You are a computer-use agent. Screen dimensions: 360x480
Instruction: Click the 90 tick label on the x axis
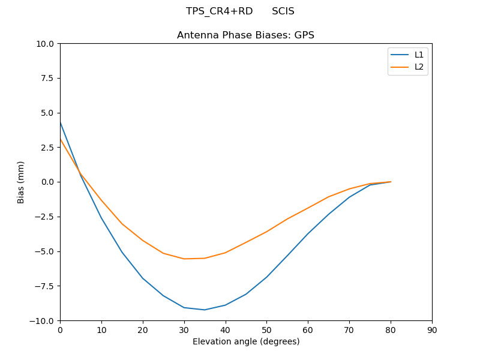tap(432, 329)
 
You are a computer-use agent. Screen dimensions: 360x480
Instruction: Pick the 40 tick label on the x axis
tap(226, 329)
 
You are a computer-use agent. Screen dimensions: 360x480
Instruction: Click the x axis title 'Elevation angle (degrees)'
tap(246, 341)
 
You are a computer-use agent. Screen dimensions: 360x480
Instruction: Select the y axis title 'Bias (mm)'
tap(21, 182)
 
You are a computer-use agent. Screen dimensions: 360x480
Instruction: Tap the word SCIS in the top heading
tap(283, 11)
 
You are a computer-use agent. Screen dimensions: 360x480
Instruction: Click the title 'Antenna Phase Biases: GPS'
tap(245, 35)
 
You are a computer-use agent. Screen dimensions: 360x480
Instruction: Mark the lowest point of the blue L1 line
tap(205, 310)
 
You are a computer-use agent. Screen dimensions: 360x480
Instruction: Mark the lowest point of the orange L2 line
tap(184, 259)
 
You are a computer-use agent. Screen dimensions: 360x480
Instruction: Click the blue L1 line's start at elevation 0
tap(60, 122)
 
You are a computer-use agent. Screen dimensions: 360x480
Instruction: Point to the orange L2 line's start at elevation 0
tap(60, 139)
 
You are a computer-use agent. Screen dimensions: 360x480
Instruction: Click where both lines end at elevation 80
tap(391, 182)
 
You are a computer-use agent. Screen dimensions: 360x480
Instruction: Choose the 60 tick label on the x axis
tap(308, 329)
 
